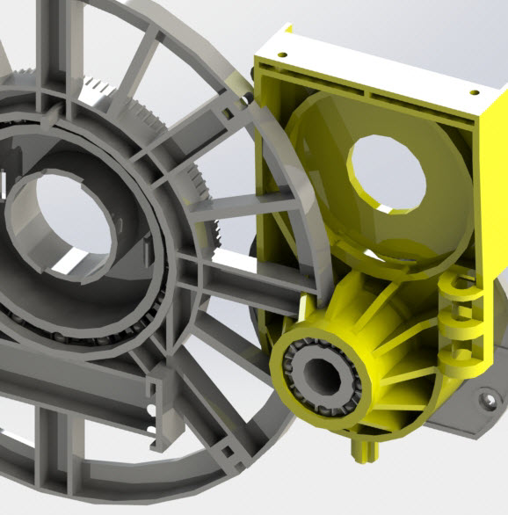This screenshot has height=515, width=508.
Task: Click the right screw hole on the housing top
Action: click(474, 91)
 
